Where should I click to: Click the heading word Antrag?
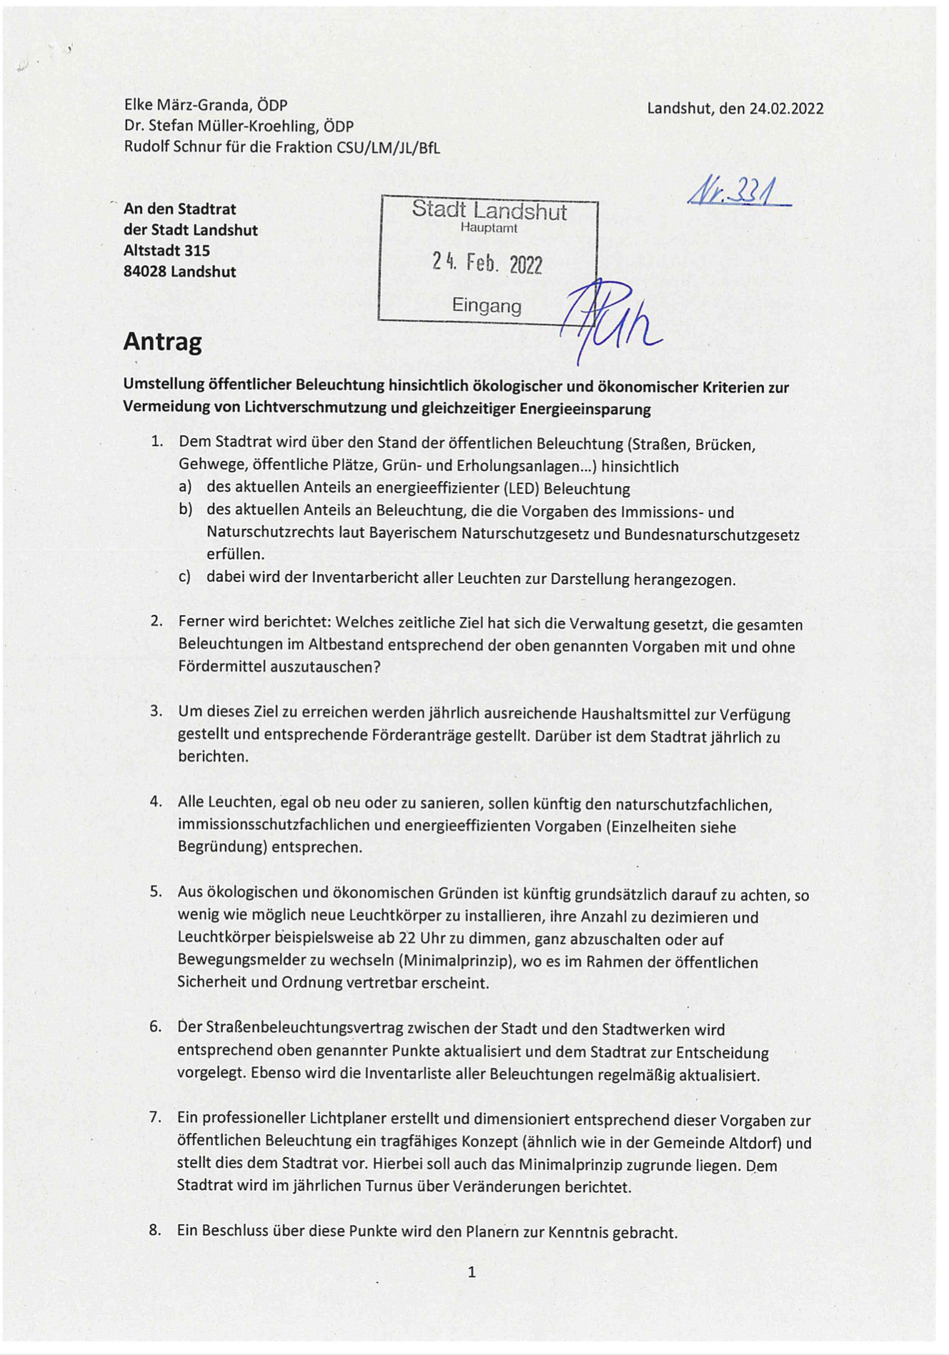point(162,342)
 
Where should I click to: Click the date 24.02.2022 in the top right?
point(786,109)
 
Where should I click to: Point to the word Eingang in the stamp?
point(487,306)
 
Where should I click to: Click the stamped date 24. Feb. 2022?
point(487,264)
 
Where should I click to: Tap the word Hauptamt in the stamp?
point(489,229)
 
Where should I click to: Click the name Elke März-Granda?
point(188,106)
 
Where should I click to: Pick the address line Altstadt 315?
point(167,251)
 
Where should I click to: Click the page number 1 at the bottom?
point(472,1271)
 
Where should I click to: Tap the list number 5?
point(156,891)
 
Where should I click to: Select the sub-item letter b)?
point(186,510)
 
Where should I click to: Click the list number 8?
point(155,1230)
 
